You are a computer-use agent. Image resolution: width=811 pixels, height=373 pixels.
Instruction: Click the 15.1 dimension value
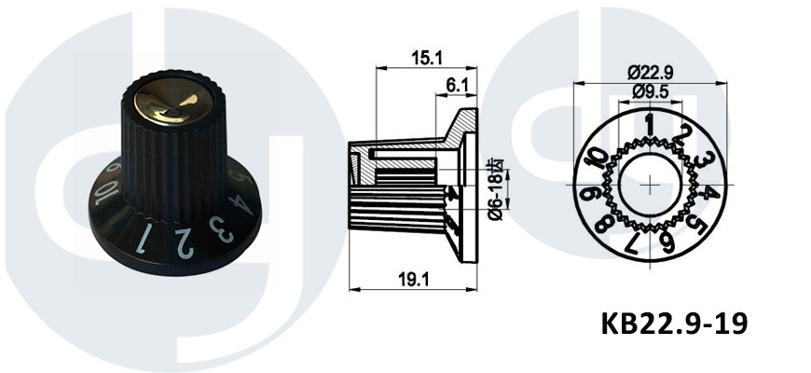point(427,58)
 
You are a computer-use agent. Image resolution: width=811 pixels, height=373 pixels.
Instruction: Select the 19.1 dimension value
point(413,280)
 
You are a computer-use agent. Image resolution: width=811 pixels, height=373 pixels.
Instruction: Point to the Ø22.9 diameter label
point(650,73)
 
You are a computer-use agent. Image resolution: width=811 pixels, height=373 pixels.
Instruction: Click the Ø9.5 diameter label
point(650,91)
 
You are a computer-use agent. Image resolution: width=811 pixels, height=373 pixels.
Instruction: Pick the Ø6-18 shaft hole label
point(497,190)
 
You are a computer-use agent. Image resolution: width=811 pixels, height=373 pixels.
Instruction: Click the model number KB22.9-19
point(674,325)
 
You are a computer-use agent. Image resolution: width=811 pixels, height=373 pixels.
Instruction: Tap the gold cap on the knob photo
point(173,102)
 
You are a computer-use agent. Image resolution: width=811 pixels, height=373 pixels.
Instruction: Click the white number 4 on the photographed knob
point(239,204)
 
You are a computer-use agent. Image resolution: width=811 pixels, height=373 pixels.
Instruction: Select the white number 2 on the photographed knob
point(185,243)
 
